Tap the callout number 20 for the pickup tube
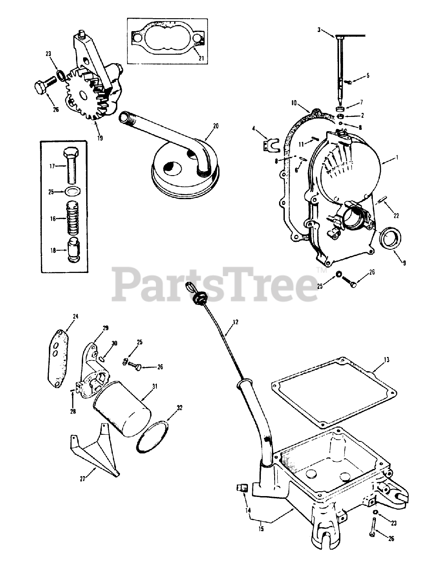click(216, 126)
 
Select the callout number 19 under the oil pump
click(100, 138)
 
